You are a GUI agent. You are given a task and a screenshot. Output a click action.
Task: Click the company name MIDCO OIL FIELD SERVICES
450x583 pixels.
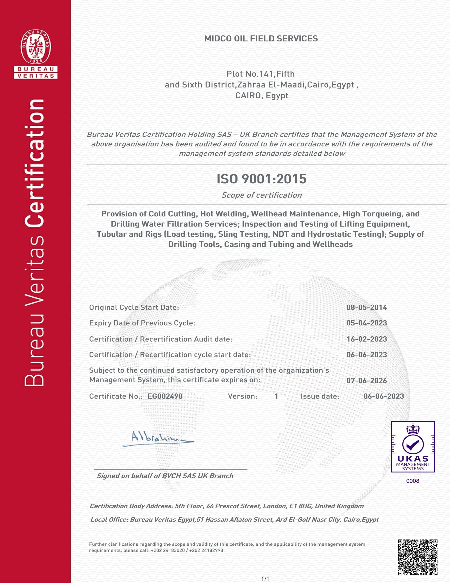tap(261, 39)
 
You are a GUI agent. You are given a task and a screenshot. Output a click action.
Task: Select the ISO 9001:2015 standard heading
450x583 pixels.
tap(261, 179)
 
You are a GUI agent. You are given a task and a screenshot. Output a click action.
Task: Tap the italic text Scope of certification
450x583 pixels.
tap(261, 195)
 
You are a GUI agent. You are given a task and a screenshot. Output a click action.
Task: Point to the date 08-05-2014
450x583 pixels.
tap(367, 307)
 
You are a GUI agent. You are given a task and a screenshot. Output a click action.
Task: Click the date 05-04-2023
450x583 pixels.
tap(367, 323)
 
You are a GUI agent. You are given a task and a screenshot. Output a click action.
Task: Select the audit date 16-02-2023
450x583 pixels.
tap(367, 339)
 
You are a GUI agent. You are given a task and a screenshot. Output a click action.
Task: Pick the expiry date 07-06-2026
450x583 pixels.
tap(367, 381)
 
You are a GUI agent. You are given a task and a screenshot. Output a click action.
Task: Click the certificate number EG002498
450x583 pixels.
tap(165, 396)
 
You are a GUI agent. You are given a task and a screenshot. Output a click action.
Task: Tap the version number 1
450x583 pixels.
tap(276, 396)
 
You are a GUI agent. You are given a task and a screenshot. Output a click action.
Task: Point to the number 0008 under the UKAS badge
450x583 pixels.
tap(413, 481)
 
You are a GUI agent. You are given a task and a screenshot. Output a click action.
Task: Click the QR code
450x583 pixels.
tap(418, 557)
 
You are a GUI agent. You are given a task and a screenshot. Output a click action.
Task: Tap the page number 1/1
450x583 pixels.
tap(265, 579)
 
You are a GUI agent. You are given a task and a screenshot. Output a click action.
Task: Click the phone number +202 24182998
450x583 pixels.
tap(206, 550)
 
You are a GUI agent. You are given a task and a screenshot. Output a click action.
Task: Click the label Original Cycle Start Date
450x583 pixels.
tap(134, 307)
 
